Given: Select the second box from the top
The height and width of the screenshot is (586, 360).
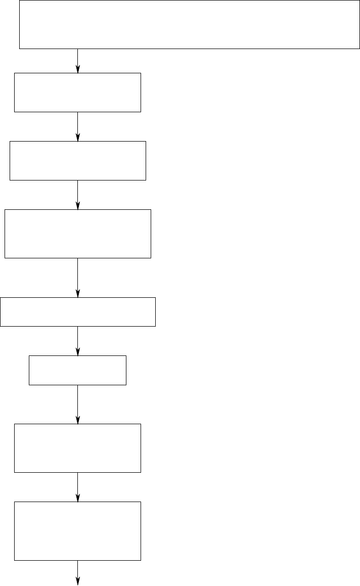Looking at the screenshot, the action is (x=77, y=92).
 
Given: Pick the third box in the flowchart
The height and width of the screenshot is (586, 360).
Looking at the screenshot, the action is (x=77, y=160).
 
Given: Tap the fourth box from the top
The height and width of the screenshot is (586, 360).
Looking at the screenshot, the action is (x=77, y=234).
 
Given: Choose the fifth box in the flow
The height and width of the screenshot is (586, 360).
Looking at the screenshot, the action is (x=77, y=312).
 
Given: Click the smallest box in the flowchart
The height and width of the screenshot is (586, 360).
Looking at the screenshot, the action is (x=77, y=370).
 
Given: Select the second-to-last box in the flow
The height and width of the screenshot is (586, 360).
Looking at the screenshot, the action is (x=77, y=448).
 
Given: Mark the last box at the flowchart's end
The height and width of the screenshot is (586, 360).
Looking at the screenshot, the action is (x=77, y=531).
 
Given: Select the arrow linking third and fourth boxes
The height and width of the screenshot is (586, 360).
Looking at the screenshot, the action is (x=78, y=195).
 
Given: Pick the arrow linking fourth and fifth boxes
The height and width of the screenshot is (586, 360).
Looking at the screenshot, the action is (x=78, y=278).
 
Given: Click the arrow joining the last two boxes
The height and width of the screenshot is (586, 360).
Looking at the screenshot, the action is (x=78, y=487).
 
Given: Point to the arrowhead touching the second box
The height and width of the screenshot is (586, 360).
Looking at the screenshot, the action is (x=78, y=69).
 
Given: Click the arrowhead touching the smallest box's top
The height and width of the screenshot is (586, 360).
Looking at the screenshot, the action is (x=78, y=352).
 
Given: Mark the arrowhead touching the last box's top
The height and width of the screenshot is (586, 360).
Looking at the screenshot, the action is (x=78, y=498).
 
